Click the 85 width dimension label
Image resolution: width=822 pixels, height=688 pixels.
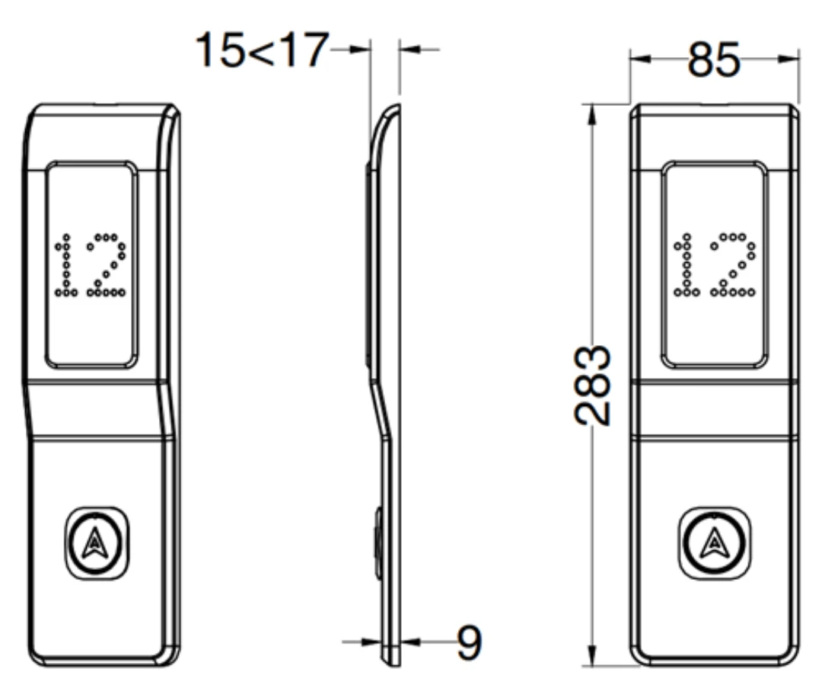coord(713,59)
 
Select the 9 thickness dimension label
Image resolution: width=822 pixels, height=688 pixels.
coord(469,642)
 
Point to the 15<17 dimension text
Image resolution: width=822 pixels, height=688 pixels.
coord(262,50)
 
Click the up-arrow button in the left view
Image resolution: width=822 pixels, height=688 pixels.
coord(96,542)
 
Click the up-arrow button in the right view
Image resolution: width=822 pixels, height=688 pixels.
coord(714,542)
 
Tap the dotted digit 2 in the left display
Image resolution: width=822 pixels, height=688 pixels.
coord(107,265)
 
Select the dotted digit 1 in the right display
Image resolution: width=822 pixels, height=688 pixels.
coord(686,265)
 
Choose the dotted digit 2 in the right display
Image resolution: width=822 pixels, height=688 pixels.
coord(733,265)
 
